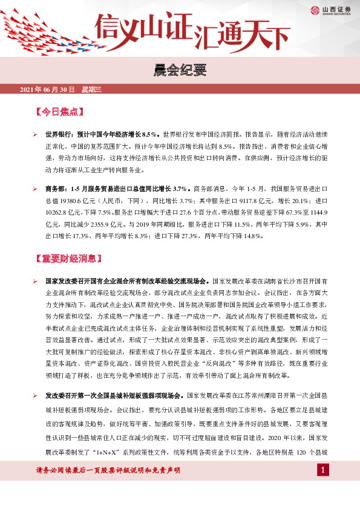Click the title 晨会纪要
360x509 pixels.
(x=180, y=71)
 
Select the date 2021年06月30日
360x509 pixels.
(x=47, y=90)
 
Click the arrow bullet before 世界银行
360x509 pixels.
(x=36, y=134)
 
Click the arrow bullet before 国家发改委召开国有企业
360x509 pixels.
(x=36, y=282)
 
